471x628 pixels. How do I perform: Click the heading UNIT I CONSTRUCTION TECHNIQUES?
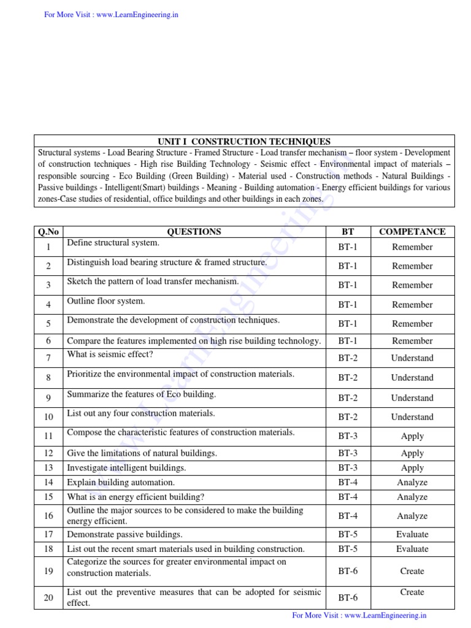pos(244,141)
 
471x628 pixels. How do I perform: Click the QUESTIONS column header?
pos(194,232)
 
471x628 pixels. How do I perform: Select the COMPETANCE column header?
pos(412,232)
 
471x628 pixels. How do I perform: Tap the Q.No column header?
pos(48,232)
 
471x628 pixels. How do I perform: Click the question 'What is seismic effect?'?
pos(110,354)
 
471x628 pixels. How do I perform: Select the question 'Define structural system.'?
pos(113,243)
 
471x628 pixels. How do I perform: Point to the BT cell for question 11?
pos(348,436)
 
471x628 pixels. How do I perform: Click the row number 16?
pos(48,516)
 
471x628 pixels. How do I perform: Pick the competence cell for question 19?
pos(412,571)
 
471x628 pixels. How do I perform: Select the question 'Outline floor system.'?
pos(106,301)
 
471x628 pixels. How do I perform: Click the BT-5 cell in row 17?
pos(348,534)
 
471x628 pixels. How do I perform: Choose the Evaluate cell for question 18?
pos(412,549)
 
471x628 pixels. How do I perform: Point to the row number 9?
pos(48,398)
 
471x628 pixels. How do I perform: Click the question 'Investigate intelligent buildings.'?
pos(126,468)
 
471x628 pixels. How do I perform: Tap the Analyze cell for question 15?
pos(412,497)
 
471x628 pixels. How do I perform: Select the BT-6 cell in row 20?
pos(348,597)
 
